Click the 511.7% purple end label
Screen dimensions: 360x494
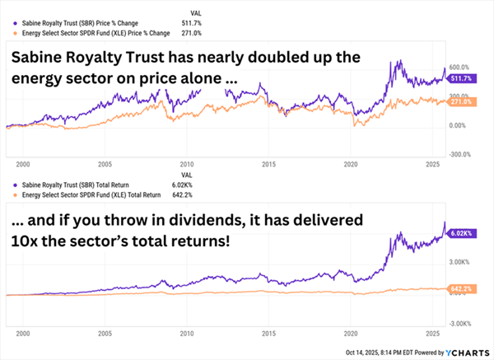(x=461, y=79)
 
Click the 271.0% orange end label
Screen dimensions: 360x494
(x=461, y=101)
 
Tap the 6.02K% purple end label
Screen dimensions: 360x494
(x=461, y=233)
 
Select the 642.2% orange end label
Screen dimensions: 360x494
(x=461, y=290)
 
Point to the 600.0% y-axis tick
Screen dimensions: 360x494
(x=460, y=68)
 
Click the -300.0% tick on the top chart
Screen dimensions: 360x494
(x=459, y=154)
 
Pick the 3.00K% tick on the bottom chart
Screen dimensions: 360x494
(x=459, y=261)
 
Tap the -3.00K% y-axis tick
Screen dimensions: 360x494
(x=459, y=323)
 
